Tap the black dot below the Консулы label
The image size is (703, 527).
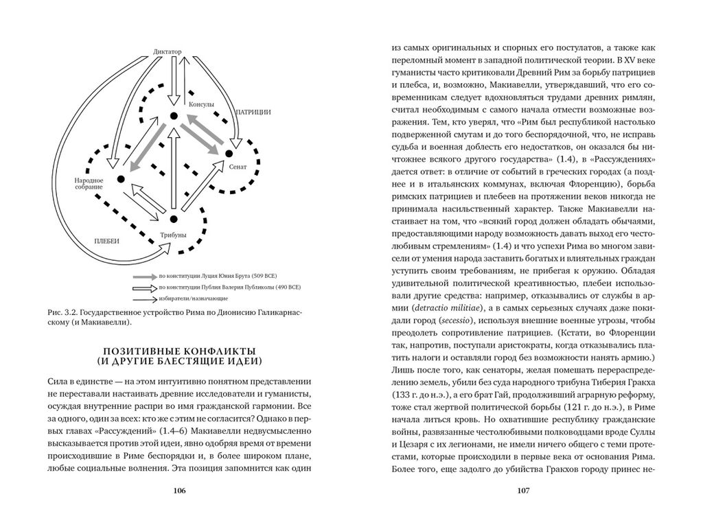point(174,116)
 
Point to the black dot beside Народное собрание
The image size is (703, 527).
point(120,180)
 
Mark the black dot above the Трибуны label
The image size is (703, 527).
point(173,219)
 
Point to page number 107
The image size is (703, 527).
point(522,490)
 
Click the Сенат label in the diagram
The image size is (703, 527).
point(238,167)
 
